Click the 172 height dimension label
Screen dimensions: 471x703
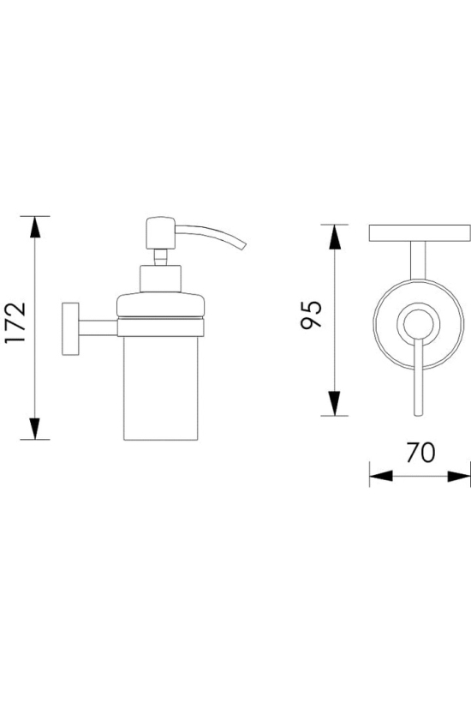(x=15, y=323)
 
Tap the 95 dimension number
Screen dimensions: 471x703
(x=311, y=315)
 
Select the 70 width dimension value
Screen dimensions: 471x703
(x=420, y=453)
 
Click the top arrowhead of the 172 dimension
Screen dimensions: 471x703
(x=35, y=227)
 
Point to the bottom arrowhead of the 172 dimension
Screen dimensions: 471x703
(x=35, y=429)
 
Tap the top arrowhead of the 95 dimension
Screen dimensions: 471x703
(x=335, y=237)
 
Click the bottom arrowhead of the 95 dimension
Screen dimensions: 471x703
(x=335, y=404)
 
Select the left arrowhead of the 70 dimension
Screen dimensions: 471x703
(x=381, y=476)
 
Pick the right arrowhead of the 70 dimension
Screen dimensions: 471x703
(x=459, y=476)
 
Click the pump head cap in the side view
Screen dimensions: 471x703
(x=160, y=232)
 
